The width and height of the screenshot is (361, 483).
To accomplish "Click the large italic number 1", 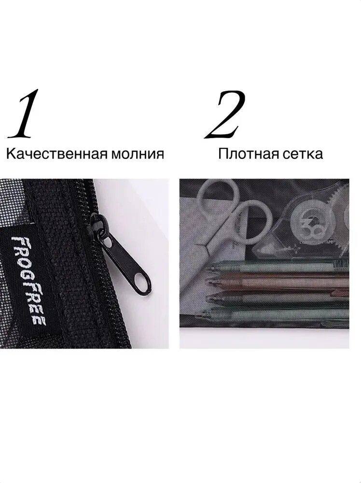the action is click(24, 114).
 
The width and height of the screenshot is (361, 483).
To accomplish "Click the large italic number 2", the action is click(225, 114).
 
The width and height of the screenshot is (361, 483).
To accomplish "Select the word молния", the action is click(137, 154).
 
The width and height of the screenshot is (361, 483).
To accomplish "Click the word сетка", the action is click(297, 154).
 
